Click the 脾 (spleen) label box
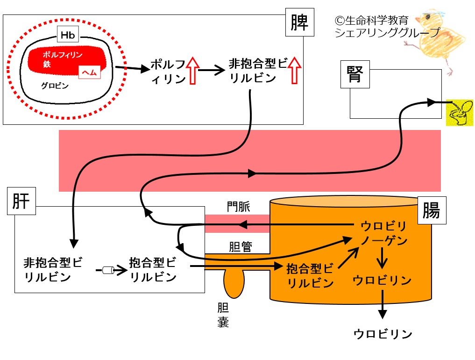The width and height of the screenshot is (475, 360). click(x=299, y=22)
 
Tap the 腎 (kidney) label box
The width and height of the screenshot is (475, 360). click(x=355, y=74)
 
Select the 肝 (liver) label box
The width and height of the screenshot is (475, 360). click(x=21, y=201)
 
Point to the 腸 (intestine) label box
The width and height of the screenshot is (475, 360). click(x=432, y=210)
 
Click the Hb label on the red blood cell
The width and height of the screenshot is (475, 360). click(x=68, y=35)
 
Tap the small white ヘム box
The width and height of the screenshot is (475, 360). click(x=89, y=72)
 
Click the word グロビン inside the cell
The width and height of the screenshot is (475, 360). click(x=55, y=86)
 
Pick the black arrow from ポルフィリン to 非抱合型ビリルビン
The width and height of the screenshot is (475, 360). click(x=212, y=70)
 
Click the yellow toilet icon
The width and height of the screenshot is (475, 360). click(x=460, y=113)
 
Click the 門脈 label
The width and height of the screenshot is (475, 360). click(x=239, y=207)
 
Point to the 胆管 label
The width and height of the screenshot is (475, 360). click(x=241, y=246)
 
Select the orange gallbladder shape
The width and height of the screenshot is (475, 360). click(x=234, y=283)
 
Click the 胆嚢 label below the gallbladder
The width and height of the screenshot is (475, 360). click(x=223, y=315)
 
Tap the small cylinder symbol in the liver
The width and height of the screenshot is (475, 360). click(x=108, y=270)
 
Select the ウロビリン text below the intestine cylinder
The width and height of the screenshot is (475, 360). click(x=383, y=334)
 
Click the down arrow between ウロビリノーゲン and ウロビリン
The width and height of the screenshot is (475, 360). click(x=382, y=258)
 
